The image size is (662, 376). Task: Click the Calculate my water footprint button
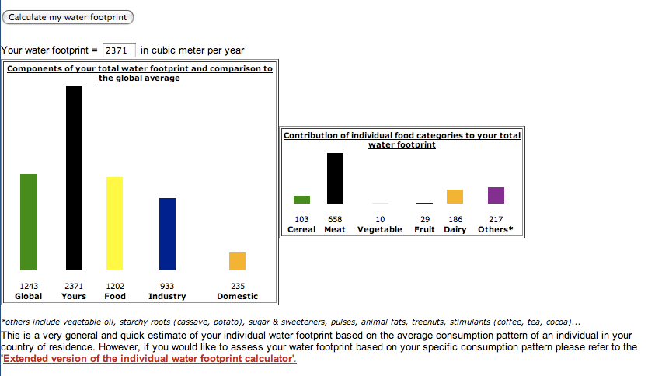(x=68, y=17)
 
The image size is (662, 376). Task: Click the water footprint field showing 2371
(x=119, y=50)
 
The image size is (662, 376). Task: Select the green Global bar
(x=28, y=221)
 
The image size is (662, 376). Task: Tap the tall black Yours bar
(x=74, y=178)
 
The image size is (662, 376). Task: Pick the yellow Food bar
(x=114, y=223)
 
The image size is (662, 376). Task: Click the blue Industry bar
(x=167, y=234)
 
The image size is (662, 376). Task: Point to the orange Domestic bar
(x=237, y=261)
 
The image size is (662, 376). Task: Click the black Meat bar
(x=335, y=178)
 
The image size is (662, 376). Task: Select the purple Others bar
(x=496, y=195)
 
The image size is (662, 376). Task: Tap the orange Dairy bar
(x=455, y=197)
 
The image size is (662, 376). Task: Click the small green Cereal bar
(x=301, y=200)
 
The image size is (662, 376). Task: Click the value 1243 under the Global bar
(x=29, y=287)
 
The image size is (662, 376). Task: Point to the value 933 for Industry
(x=167, y=287)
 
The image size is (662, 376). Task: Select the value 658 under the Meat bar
(x=335, y=220)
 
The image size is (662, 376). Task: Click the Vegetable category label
(x=380, y=230)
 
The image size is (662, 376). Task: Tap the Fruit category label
(x=424, y=230)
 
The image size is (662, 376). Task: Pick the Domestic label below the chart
(x=237, y=297)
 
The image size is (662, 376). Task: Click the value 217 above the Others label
(x=496, y=220)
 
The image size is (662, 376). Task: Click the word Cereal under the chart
(x=301, y=230)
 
